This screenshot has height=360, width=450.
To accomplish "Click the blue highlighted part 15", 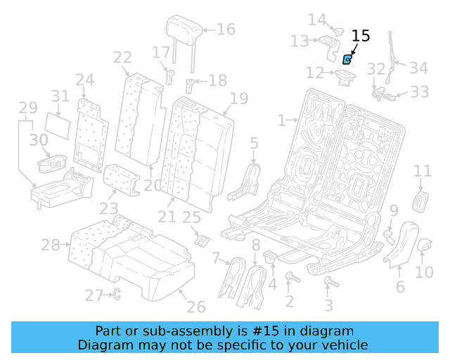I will [347, 60].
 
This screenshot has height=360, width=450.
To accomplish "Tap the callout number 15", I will [360, 36].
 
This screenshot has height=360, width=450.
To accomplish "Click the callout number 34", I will [418, 68].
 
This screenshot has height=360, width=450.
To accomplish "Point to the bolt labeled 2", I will [290, 281].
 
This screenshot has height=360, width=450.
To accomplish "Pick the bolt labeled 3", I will [328, 283].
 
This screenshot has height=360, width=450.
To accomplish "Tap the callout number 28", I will [51, 245].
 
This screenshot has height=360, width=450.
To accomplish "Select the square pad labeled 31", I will [61, 125].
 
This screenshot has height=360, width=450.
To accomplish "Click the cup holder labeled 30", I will [49, 164].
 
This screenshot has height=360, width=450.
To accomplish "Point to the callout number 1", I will [282, 120].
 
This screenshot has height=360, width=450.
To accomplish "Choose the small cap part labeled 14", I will [336, 31].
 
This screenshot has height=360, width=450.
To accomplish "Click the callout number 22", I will [122, 58].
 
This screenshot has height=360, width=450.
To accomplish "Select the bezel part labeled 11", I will [423, 200].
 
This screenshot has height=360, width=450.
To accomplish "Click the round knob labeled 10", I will [424, 245].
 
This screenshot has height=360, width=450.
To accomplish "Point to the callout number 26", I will [195, 307].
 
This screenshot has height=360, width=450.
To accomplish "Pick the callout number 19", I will [239, 98].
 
